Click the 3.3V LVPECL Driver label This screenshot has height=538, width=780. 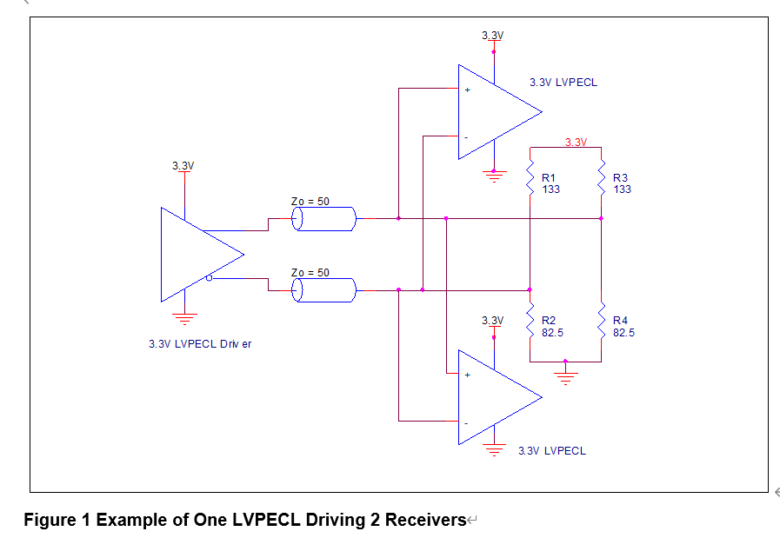coord(200,344)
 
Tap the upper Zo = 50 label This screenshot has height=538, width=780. coord(310,202)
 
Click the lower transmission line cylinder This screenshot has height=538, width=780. coord(323,290)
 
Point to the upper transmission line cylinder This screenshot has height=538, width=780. coord(323,219)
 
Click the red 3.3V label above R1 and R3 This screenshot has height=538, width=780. coord(576,142)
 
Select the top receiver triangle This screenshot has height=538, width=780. coord(496,112)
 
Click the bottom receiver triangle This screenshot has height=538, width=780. coord(496,397)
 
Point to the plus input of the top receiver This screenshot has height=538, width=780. coord(467,90)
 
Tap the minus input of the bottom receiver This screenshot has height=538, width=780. coord(467,422)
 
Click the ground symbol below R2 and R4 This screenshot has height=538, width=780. coord(566,376)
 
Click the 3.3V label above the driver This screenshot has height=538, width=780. coord(183,165)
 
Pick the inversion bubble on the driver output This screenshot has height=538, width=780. coord(210,278)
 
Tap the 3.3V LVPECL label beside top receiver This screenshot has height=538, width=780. coord(563,83)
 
